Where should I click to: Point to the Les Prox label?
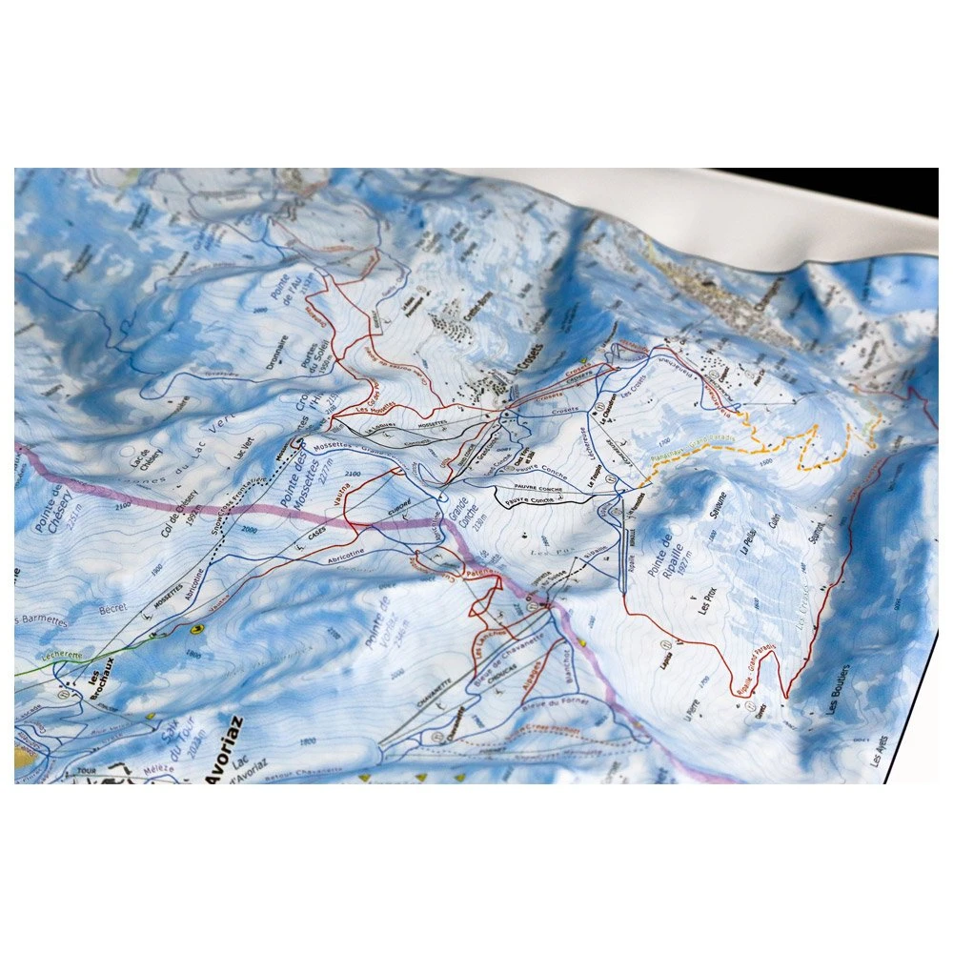coord(710,599)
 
